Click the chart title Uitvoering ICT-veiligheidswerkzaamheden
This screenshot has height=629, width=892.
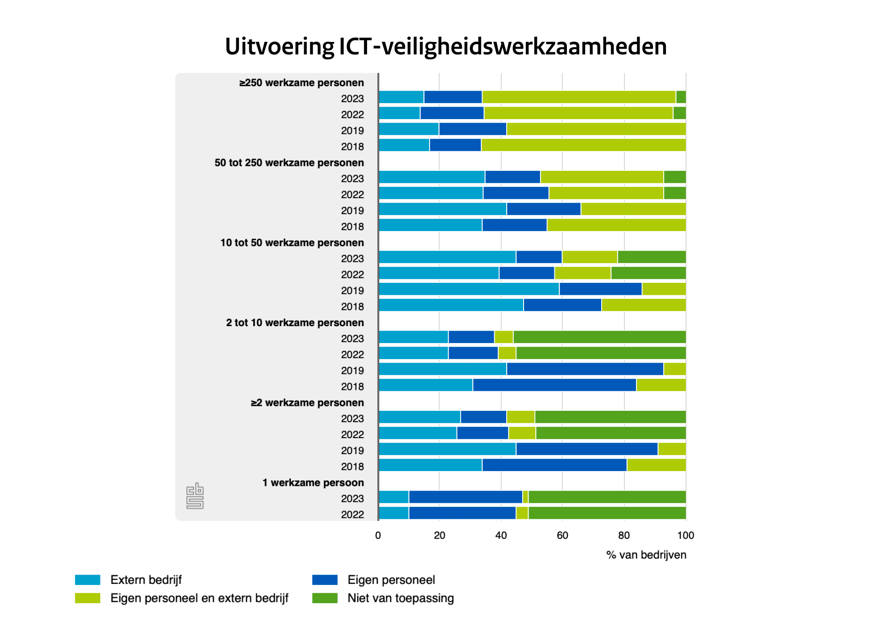coord(446,46)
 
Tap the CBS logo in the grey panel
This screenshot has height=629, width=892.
coord(195,496)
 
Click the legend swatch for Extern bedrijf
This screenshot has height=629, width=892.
coord(87,580)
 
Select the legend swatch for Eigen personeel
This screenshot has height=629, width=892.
coord(325,580)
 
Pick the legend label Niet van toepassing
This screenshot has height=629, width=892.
coord(401,598)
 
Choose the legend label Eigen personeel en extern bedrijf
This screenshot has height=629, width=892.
coord(199,598)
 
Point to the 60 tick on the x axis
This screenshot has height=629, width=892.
coord(562,535)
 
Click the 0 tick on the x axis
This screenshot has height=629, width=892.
coord(378,535)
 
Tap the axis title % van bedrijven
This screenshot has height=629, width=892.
coord(646,555)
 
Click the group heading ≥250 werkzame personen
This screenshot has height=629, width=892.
coord(301,83)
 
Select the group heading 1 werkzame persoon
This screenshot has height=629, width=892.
coord(313,483)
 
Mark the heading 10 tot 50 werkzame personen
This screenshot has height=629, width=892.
coord(292,243)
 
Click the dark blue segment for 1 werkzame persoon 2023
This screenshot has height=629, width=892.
coord(466,497)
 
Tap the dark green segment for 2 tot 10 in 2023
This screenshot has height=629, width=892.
coord(599,337)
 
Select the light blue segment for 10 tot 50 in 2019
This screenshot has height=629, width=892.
coord(469,289)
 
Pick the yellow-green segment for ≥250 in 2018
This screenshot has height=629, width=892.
coord(583,145)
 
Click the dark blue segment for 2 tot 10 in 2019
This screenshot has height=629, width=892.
coord(585,369)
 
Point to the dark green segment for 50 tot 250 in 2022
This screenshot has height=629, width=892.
coord(675,193)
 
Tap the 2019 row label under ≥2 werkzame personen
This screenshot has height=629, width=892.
coord(352,451)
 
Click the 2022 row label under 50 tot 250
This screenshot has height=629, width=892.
coord(352,195)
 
